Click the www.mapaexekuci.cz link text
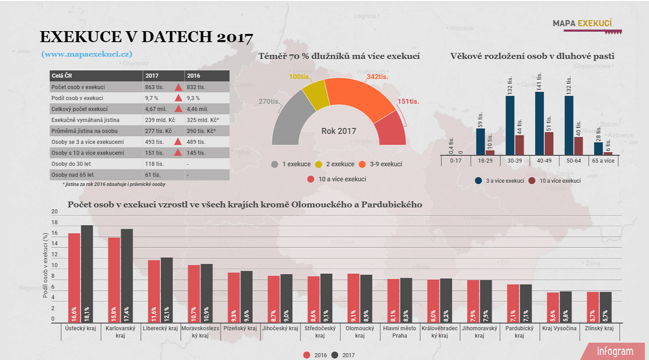87,54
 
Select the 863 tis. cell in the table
154,87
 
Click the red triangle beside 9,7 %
178,98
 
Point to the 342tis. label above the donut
377,77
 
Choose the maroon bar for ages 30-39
519,145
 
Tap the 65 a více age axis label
604,161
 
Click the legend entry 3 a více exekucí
500,180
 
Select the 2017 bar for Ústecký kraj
87,274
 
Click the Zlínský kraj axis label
599,328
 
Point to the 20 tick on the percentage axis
55,212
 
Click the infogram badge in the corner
615,351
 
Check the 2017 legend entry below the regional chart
344,355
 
